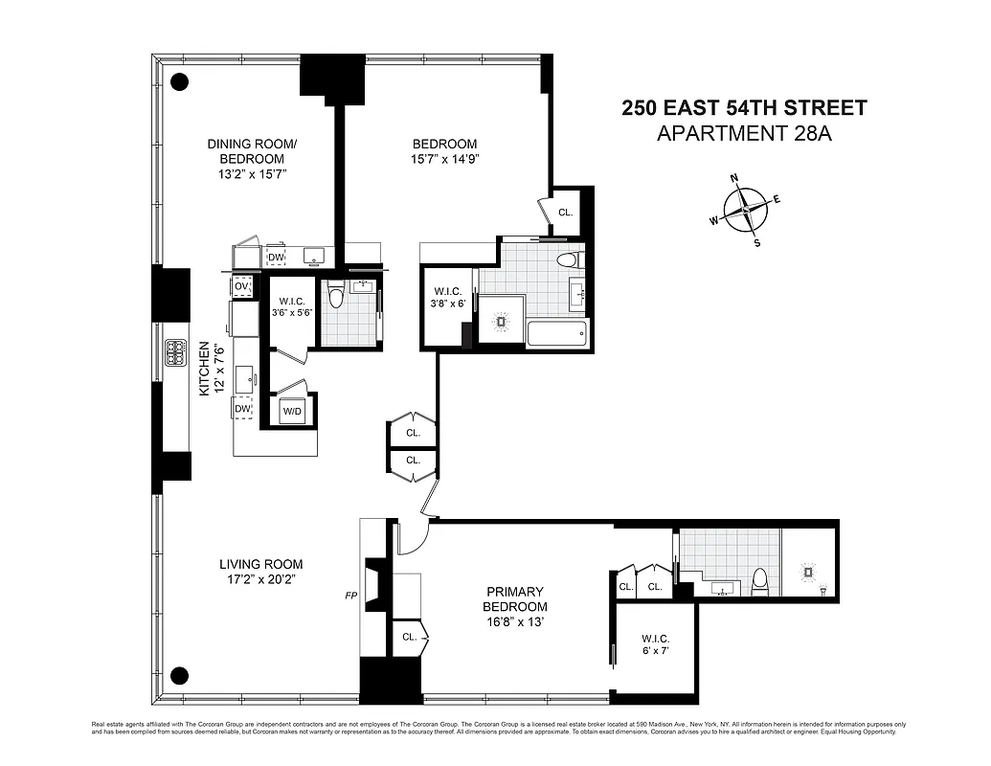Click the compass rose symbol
[744, 210]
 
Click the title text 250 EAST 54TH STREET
[744, 107]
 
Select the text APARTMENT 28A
[744, 133]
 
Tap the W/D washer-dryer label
[292, 412]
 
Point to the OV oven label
[241, 286]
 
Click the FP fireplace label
[351, 595]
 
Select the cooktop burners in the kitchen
[176, 353]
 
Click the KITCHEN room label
[203, 371]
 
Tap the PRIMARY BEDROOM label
[515, 599]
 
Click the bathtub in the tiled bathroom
[557, 335]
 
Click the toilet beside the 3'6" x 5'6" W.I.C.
[335, 296]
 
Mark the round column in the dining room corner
[179, 81]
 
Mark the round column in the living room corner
[179, 673]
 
